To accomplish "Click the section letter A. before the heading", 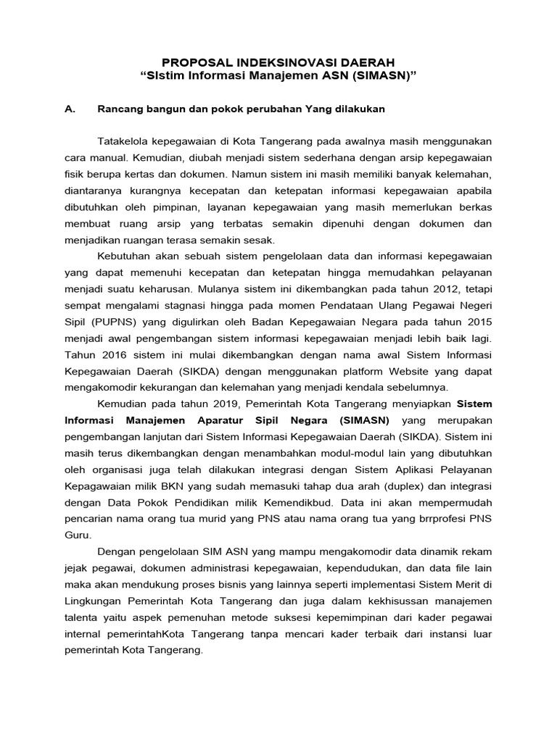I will [70, 109].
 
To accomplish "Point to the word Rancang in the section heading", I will [117, 109].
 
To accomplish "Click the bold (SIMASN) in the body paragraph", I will [363, 420].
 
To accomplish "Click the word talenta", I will [82, 617].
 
